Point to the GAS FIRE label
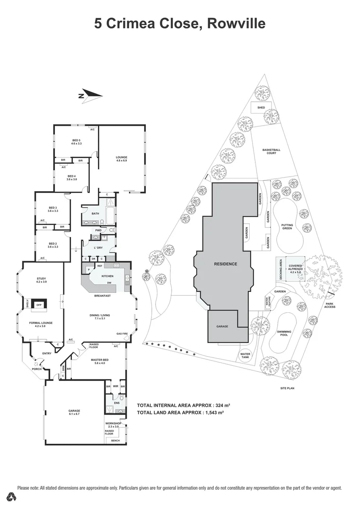click(x=122, y=334)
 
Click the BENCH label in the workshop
click(x=115, y=441)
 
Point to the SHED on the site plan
click(x=261, y=107)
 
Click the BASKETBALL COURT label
click(x=272, y=151)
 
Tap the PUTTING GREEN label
click(x=287, y=227)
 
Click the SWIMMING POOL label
click(x=284, y=334)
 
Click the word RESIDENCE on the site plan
click(x=225, y=264)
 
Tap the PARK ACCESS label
click(x=330, y=306)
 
